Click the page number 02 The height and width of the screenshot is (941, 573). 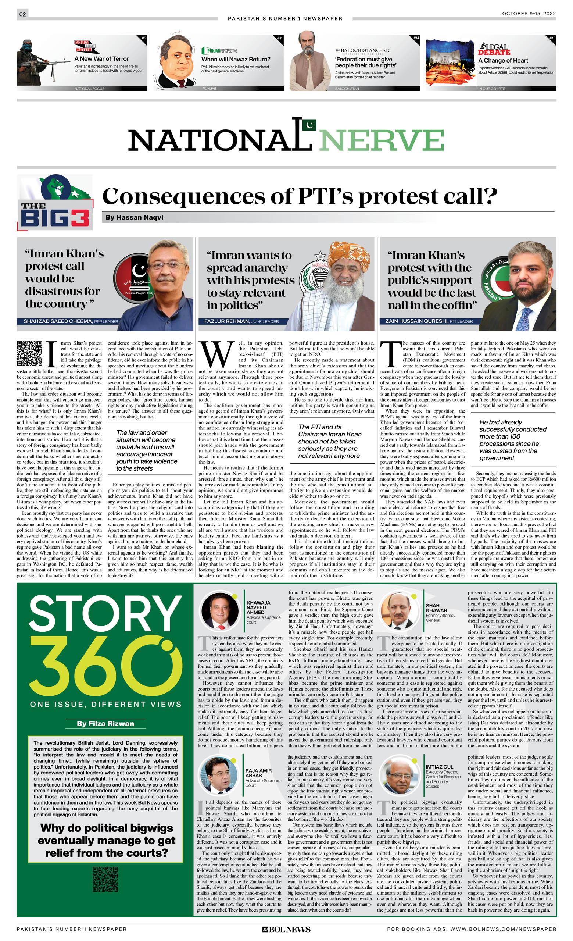(22, 14)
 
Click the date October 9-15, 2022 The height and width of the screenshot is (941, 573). (529, 13)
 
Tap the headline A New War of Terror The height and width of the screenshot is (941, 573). (101, 59)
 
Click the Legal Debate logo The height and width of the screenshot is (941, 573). (494, 49)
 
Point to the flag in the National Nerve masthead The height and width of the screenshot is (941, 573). (309, 125)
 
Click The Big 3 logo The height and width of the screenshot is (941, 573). (55, 203)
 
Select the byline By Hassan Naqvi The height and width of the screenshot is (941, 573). (134, 217)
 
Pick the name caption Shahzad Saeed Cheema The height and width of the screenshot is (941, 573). (58, 321)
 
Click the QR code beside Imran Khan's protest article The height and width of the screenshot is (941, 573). (29, 353)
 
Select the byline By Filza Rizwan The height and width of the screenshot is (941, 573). (105, 723)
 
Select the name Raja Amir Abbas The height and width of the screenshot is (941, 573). (258, 767)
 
